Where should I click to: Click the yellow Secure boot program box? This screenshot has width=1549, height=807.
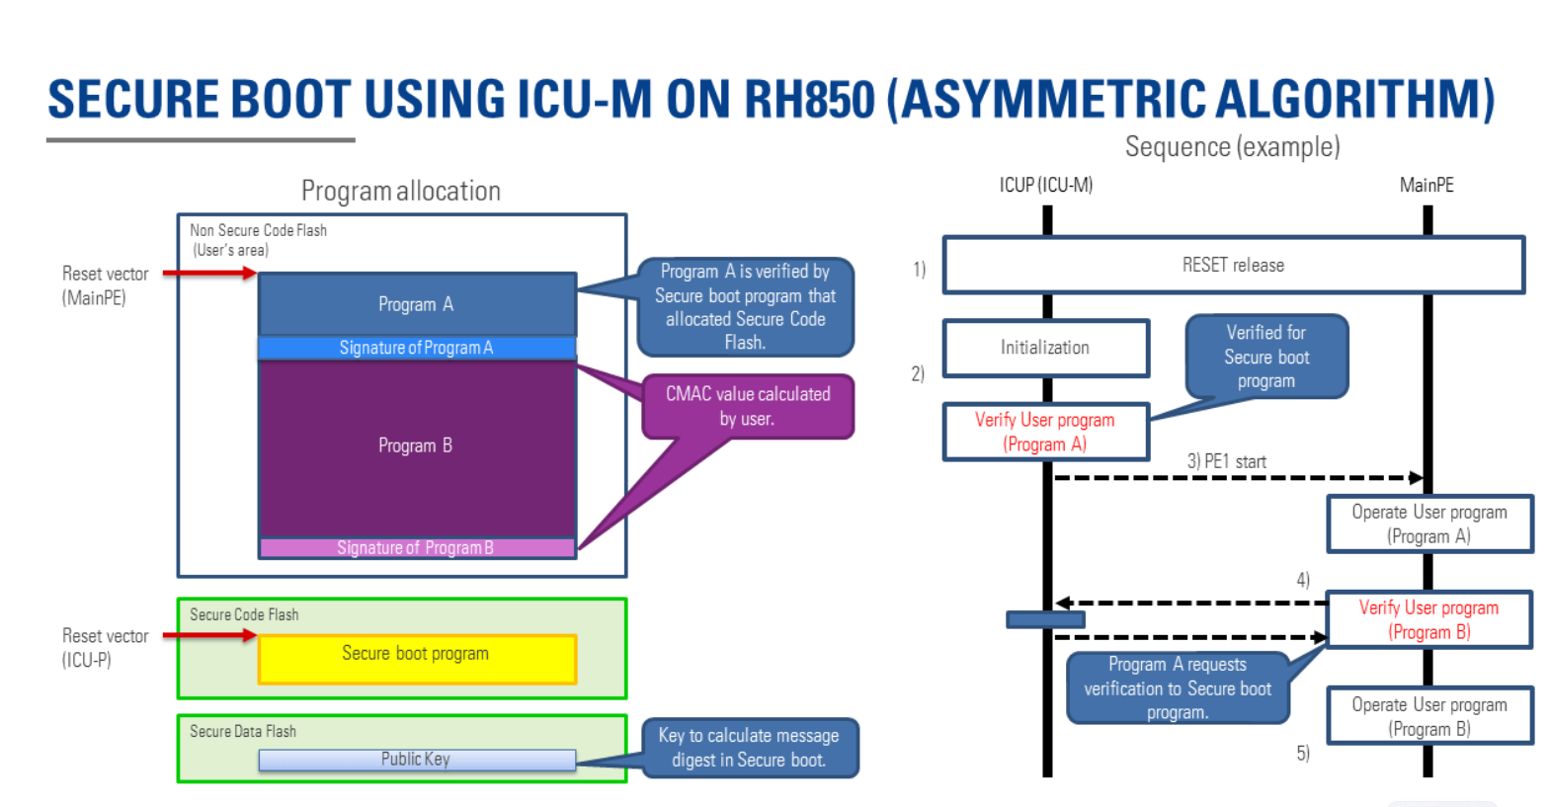pyautogui.click(x=417, y=659)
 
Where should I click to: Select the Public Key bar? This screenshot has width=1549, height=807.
pyautogui.click(x=417, y=760)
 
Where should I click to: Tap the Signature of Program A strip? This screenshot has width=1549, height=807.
pyautogui.click(x=417, y=348)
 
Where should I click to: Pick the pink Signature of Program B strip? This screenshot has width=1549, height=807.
pyautogui.click(x=417, y=548)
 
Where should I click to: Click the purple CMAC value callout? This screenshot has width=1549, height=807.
pyautogui.click(x=748, y=407)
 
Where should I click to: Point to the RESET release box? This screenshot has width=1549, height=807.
pyautogui.click(x=1234, y=266)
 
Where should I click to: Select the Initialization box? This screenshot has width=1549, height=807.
pyautogui.click(x=1045, y=348)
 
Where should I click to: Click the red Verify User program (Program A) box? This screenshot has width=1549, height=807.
pyautogui.click(x=1045, y=432)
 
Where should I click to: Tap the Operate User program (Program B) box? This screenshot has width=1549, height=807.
pyautogui.click(x=1429, y=716)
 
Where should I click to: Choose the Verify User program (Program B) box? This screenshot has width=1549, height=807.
pyautogui.click(x=1429, y=619)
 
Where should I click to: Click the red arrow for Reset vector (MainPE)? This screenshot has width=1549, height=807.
pyautogui.click(x=209, y=274)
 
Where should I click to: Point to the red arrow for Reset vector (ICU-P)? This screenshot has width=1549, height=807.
pyautogui.click(x=209, y=635)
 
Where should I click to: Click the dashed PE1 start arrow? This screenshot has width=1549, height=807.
pyautogui.click(x=1238, y=477)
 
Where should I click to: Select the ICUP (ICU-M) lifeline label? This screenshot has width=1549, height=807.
pyautogui.click(x=1045, y=186)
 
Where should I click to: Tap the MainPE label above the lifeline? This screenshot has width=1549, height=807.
pyautogui.click(x=1427, y=186)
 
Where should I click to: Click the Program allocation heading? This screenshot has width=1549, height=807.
pyautogui.click(x=401, y=191)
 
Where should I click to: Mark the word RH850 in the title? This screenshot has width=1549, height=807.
pyautogui.click(x=809, y=99)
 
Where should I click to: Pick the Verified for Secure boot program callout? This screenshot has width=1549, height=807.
pyautogui.click(x=1266, y=357)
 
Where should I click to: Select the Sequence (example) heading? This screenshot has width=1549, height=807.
pyautogui.click(x=1232, y=147)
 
